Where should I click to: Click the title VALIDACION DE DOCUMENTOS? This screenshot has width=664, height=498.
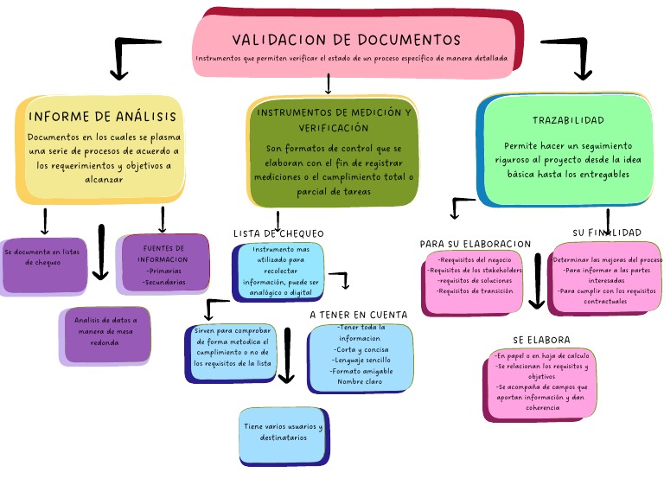pos(346,40)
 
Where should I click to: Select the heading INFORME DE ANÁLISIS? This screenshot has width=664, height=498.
pos(103,116)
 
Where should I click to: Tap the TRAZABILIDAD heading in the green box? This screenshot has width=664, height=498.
pos(568,120)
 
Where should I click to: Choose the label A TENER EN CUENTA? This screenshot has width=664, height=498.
pos(359,315)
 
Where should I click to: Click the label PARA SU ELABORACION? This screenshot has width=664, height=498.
pos(476,244)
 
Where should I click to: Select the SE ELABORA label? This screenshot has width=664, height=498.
pos(542,340)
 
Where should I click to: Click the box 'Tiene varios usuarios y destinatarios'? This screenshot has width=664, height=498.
pos(283,433)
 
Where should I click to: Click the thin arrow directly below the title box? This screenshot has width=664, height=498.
pos(328,84)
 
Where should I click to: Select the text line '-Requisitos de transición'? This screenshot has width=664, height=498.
pos(475,291)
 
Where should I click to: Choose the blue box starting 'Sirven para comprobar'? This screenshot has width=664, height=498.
pos(232,348)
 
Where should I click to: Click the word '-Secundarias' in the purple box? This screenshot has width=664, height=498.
pos(165,282)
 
